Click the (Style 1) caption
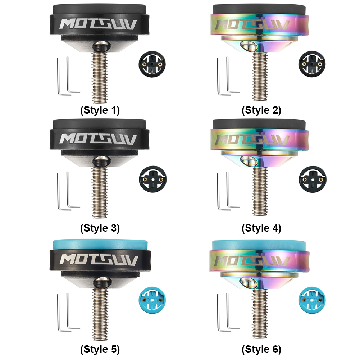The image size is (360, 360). click(100, 110)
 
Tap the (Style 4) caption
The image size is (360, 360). click(261, 228)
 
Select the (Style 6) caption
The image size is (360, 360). click(261, 350)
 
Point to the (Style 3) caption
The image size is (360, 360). click(100, 228)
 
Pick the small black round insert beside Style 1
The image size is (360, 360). click(152, 64)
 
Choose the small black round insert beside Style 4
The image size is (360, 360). click(312, 179)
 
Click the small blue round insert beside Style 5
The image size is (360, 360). click(152, 300)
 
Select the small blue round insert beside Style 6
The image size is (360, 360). click(312, 300)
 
